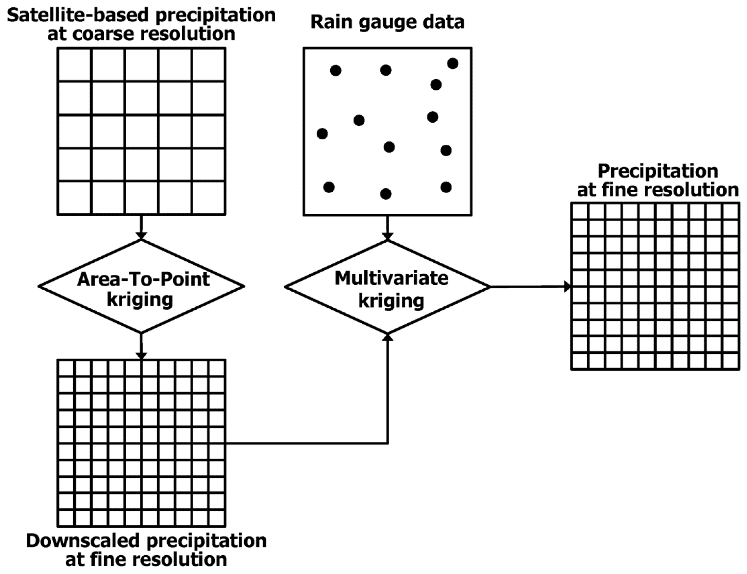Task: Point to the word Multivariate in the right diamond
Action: coord(391,278)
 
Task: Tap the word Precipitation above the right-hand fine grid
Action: coord(658,171)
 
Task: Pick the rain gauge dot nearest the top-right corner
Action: coord(452,63)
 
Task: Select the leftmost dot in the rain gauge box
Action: coord(322,133)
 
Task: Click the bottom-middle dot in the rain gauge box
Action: coord(386,194)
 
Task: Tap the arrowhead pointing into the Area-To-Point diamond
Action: coord(141,236)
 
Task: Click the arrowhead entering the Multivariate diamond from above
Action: coord(387,236)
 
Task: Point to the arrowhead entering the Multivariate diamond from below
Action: coord(388,338)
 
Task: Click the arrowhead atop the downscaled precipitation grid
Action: coord(141,356)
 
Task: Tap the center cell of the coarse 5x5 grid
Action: coord(141,132)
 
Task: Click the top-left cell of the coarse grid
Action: coord(75,64)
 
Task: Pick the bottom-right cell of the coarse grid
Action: coord(208,198)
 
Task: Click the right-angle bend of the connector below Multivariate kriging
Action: coord(388,443)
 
